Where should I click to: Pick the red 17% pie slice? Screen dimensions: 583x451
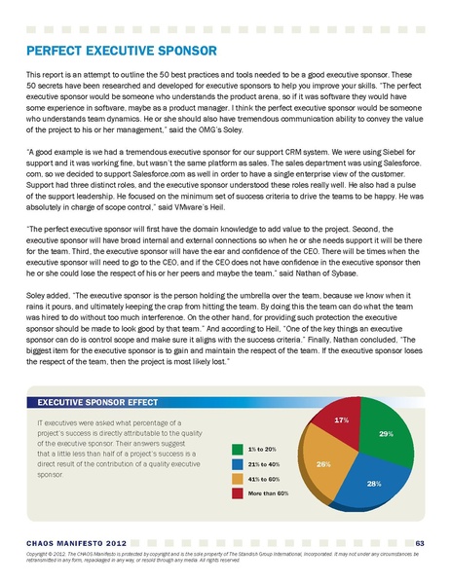[x=341, y=421]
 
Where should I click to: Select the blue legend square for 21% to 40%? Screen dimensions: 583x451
[x=237, y=464]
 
